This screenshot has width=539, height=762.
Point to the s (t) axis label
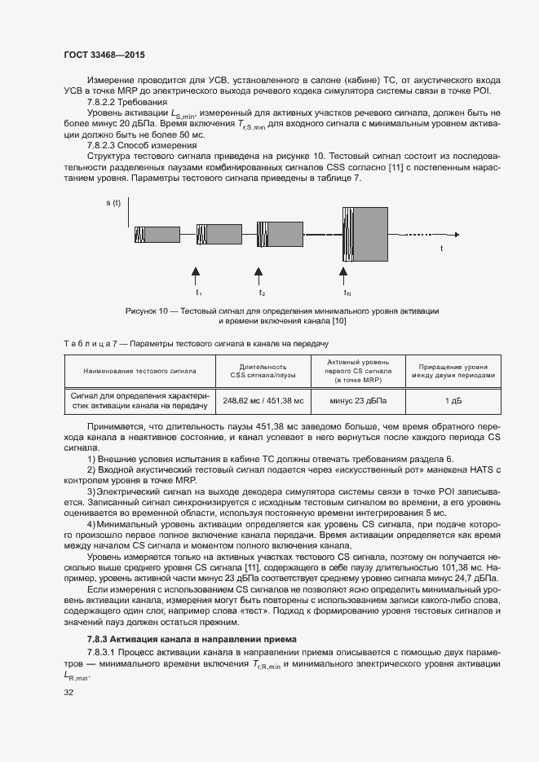tap(113, 201)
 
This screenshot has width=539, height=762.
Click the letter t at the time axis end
tap(441, 247)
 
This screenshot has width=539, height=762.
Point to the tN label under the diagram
tap(347, 292)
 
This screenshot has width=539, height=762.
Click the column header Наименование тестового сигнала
tap(139, 371)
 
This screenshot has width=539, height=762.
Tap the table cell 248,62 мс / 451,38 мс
tap(263, 401)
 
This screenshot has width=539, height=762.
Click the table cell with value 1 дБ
tap(453, 401)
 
